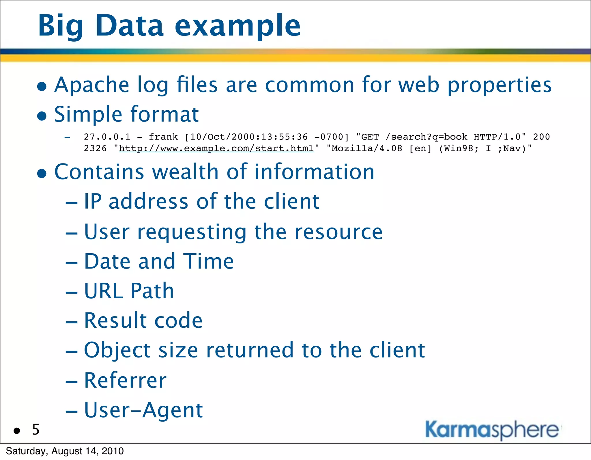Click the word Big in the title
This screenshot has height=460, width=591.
pyautogui.click(x=60, y=27)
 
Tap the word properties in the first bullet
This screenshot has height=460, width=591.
pyautogui.click(x=499, y=85)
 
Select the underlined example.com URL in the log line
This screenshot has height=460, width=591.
pyautogui.click(x=216, y=148)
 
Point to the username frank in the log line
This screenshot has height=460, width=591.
pyautogui.click(x=163, y=137)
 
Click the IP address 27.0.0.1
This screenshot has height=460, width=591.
pyautogui.click(x=107, y=137)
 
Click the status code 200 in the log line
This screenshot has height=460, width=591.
pyautogui.click(x=541, y=137)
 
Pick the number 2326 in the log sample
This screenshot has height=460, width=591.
pyautogui.click(x=95, y=148)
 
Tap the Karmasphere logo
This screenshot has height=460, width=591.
pyautogui.click(x=492, y=430)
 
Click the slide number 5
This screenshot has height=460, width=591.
pyautogui.click(x=36, y=430)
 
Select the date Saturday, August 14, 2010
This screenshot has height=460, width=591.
pyautogui.click(x=65, y=451)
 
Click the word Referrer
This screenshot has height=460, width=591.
pyautogui.click(x=125, y=380)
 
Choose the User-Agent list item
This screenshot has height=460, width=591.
pyautogui.click(x=143, y=410)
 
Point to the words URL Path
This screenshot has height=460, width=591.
pyautogui.click(x=129, y=291)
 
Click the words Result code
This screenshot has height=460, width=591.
pyautogui.click(x=143, y=321)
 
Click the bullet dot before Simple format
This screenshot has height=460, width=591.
pyautogui.click(x=42, y=116)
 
